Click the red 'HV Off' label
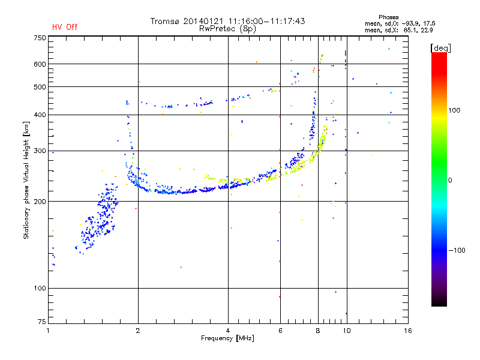[65, 27]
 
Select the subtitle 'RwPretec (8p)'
[227, 29]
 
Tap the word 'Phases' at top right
[388, 17]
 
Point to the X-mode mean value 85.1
[410, 30]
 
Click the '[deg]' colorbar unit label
[440, 48]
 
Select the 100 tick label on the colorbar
[454, 110]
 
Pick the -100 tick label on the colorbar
[457, 250]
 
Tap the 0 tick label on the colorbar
[450, 181]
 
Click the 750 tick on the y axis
[40, 38]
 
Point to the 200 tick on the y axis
[40, 202]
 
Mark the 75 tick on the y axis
[42, 322]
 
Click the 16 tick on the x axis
[408, 331]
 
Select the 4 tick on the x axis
[228, 331]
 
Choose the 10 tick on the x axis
[347, 331]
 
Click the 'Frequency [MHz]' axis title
[227, 338]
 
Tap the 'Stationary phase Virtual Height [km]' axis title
[26, 181]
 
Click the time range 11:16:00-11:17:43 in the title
[266, 21]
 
